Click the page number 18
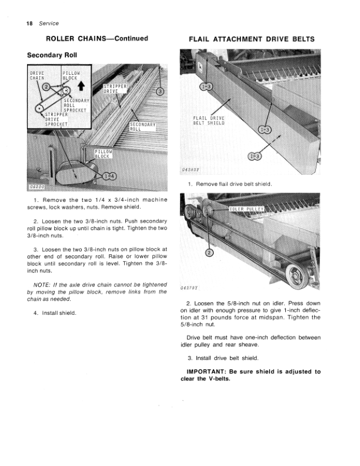coord(29,24)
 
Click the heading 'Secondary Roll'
coord(52,55)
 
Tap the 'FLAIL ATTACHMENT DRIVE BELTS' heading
coord(252,39)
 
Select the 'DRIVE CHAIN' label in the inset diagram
coord(37,75)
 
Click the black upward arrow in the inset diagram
coord(81,86)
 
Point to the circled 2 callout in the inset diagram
coord(46,86)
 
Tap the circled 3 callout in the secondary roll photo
coord(160,91)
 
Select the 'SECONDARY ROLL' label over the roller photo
coord(142,127)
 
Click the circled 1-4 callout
coord(109,177)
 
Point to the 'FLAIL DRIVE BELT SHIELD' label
coord(209,121)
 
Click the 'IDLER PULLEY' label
coord(246,209)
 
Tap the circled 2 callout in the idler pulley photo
coord(209,252)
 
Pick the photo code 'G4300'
coord(37,187)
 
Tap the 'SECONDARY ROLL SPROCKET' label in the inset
coord(76,105)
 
